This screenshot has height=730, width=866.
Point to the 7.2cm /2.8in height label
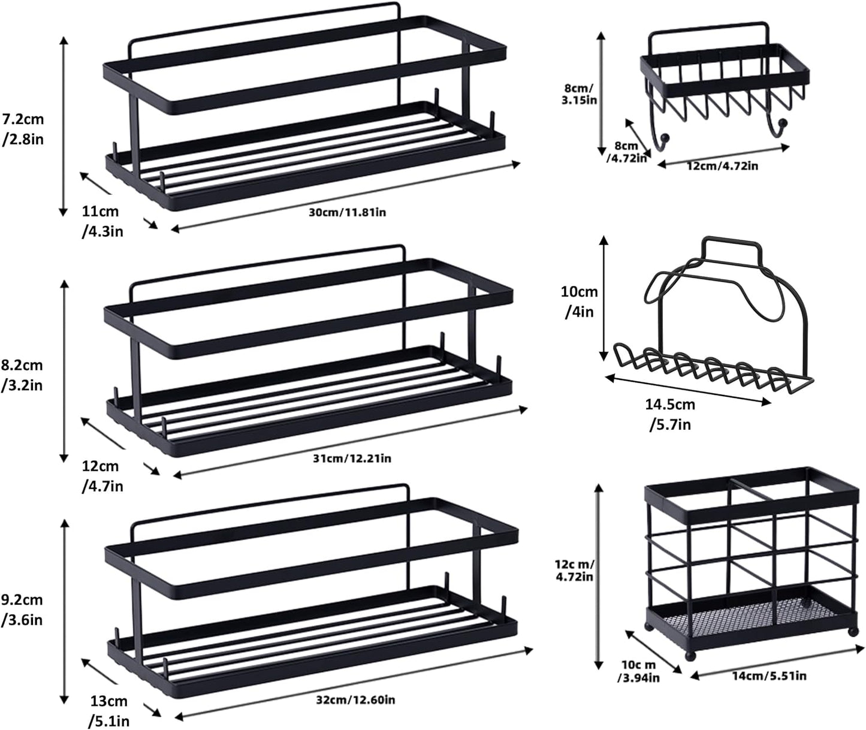(x=23, y=128)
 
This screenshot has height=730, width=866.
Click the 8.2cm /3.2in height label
(x=22, y=375)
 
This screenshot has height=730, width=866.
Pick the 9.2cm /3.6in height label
(x=22, y=610)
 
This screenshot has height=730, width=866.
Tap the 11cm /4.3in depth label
(x=102, y=221)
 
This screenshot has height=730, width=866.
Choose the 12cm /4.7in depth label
(x=101, y=475)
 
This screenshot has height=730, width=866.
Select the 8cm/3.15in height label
(x=579, y=94)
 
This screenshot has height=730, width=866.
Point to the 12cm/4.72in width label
(x=722, y=165)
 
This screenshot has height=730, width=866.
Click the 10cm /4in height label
(x=579, y=301)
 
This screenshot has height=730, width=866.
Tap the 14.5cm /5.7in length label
(x=670, y=414)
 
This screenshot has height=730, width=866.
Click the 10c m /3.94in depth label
(x=639, y=671)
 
